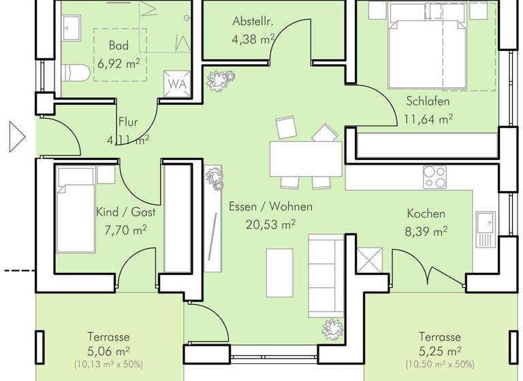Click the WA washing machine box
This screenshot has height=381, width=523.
pos(176,84)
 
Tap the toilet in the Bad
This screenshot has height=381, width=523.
pos(73,73)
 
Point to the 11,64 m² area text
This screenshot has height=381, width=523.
pos(428,118)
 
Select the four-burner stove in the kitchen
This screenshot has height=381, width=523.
pos(434,177)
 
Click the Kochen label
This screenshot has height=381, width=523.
pos(426,214)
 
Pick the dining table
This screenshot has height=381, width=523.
pos(305,159)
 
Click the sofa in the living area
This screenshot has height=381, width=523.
pos(326,275)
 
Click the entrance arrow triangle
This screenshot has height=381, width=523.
pos(16,137)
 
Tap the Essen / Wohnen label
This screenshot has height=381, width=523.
pos(270,207)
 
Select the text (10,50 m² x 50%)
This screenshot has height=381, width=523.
pos(439,364)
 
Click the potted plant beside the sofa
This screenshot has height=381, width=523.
pos(333,329)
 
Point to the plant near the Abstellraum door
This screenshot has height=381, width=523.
pos(217,80)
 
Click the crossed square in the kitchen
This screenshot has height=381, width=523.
pos(369,261)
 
